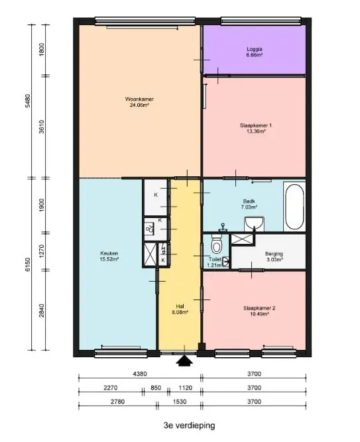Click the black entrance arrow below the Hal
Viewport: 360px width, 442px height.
click(184, 360)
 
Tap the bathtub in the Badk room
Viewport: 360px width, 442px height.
click(294, 207)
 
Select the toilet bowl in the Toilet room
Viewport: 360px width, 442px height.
click(217, 245)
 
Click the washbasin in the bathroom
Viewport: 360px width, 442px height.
click(254, 223)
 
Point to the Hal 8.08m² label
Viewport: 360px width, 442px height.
click(180, 309)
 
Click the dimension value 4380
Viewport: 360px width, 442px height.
click(140, 374)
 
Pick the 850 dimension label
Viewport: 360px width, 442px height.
click(156, 388)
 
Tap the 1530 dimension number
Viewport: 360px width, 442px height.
click(180, 402)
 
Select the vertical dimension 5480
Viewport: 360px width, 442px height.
click(28, 101)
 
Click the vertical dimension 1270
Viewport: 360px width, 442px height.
click(42, 251)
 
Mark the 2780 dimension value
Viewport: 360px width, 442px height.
click(117, 402)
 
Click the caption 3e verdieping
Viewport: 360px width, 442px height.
click(190, 425)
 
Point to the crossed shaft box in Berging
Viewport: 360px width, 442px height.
click(242, 239)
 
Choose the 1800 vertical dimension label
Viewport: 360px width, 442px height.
click(42, 49)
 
